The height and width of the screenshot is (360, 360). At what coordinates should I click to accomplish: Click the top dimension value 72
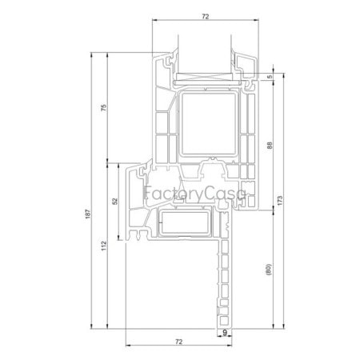[x=205, y=16]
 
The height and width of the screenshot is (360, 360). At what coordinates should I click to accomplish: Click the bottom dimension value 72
[x=179, y=342]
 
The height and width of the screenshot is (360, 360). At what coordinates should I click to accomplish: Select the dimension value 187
[x=88, y=214]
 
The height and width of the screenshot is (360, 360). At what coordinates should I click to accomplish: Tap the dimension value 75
[x=104, y=107]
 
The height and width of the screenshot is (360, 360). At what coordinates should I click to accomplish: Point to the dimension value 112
[x=104, y=246]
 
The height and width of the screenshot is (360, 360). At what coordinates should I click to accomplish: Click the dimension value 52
[x=115, y=201]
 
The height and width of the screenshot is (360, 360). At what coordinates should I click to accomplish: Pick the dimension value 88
[x=270, y=146]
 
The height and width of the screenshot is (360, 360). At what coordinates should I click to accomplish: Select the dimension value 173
[x=280, y=201]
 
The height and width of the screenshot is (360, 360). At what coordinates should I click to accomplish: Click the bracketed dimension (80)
[x=269, y=270]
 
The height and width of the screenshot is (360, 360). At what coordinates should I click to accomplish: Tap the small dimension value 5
[x=270, y=77]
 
